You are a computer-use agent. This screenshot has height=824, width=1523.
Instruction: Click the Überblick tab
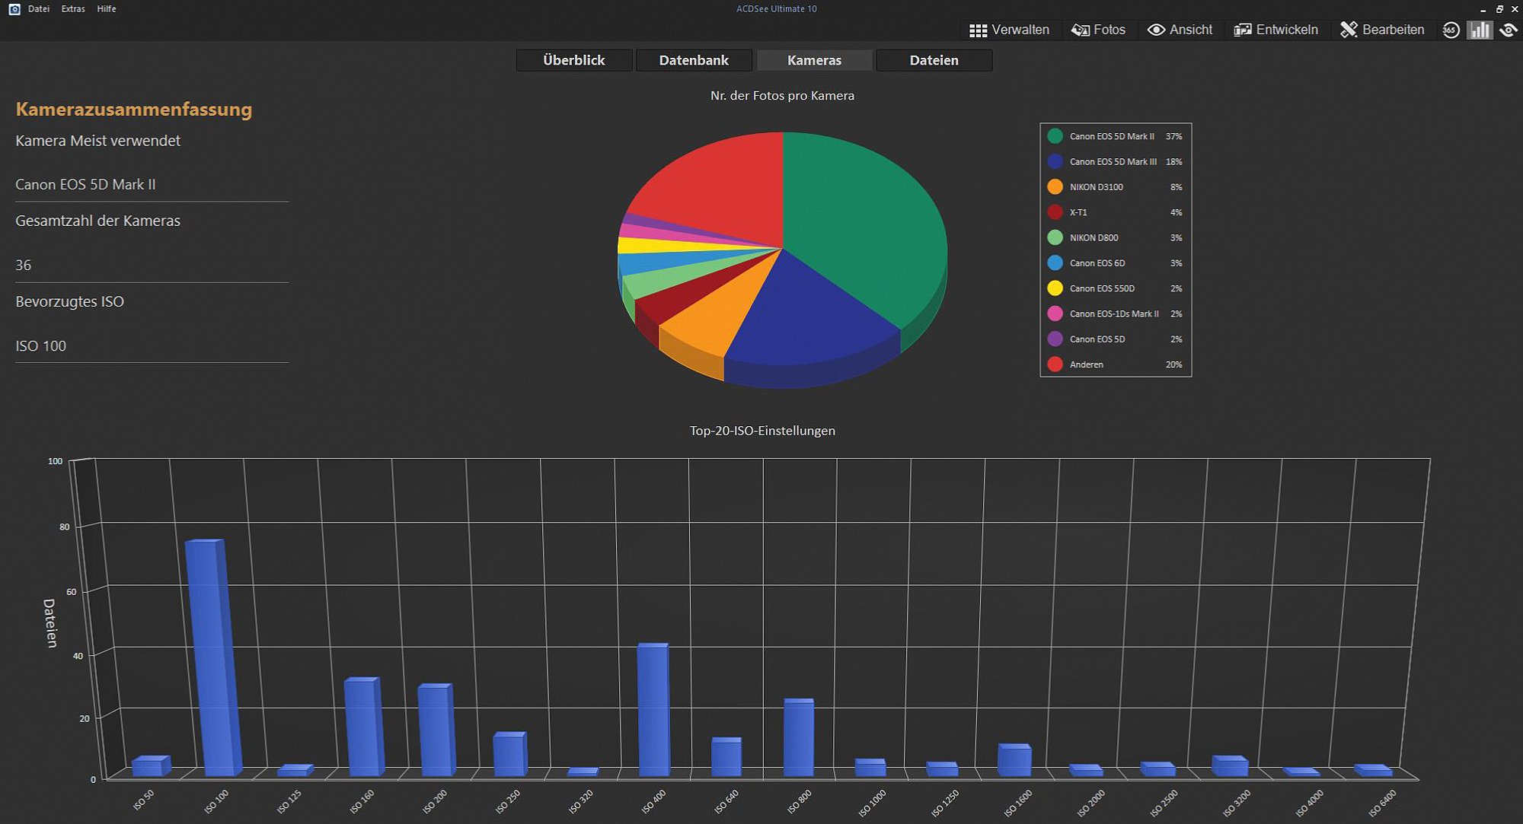tap(574, 60)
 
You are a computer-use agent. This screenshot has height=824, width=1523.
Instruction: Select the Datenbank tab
tap(694, 60)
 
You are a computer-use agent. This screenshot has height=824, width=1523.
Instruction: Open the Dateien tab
tap(934, 60)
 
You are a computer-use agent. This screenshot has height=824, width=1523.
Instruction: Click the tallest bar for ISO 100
tap(213, 657)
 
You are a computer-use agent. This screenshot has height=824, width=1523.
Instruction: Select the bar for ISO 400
tap(653, 709)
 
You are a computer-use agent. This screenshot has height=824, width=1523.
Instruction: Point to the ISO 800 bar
tap(799, 737)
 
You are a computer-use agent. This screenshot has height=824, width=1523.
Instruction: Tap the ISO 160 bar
tap(363, 727)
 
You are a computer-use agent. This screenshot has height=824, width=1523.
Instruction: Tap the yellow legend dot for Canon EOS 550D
tap(1055, 288)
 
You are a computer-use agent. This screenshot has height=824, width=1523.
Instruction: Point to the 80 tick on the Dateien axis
tap(64, 527)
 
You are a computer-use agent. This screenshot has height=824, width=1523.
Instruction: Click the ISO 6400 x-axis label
tap(1382, 803)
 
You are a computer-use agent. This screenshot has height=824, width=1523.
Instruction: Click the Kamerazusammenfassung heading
tap(134, 109)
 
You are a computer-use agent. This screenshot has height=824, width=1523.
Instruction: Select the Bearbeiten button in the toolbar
tap(1382, 30)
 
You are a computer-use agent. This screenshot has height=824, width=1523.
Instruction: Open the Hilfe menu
tap(107, 9)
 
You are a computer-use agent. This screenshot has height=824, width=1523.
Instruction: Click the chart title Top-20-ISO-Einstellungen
tap(762, 431)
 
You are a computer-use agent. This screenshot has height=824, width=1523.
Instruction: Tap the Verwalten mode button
tap(1009, 30)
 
